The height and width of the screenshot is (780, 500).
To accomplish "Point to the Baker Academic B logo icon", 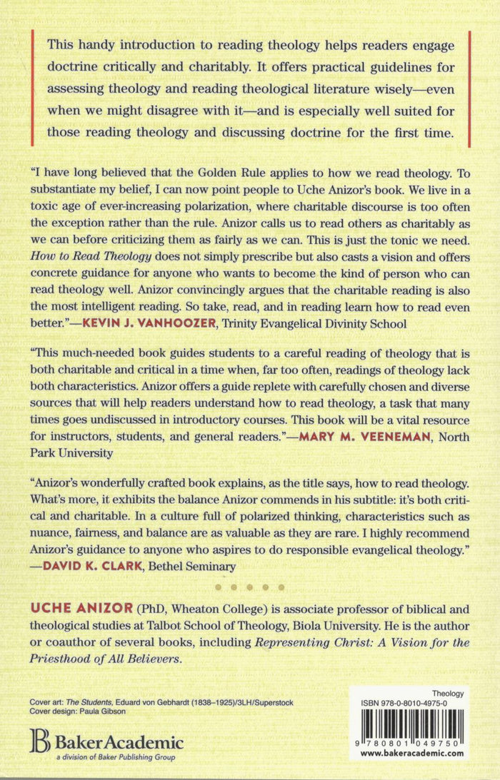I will (36, 739).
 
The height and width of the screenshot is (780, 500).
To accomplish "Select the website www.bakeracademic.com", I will (409, 752).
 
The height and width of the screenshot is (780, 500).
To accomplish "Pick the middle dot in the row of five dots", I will (250, 587).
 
